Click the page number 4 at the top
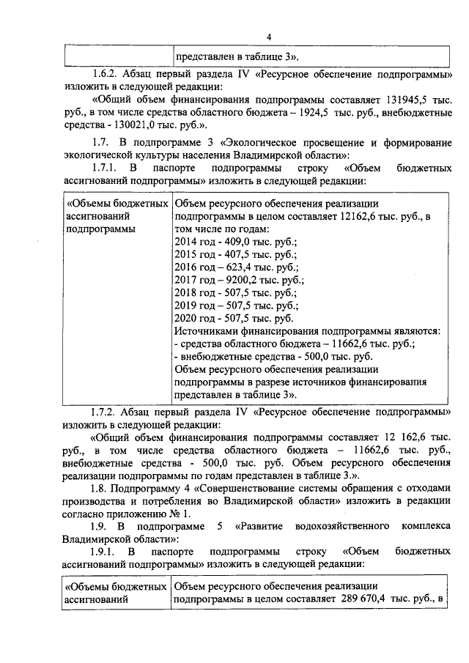coord(269,37)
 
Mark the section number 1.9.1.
coord(106,549)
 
